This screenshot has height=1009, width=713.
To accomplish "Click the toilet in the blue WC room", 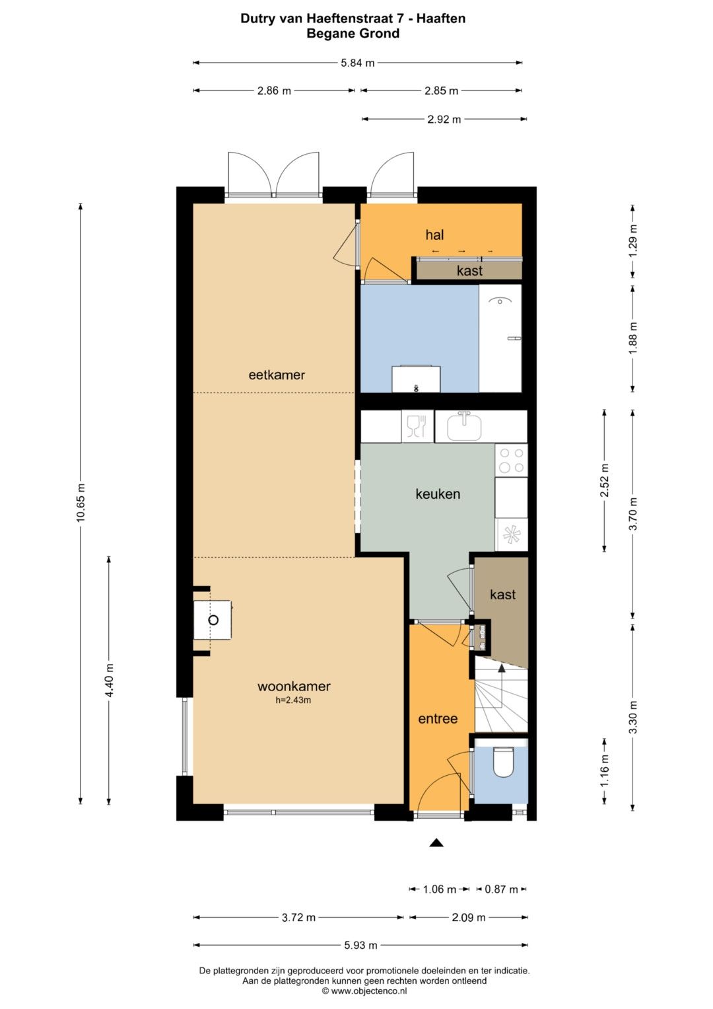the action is click(503, 762).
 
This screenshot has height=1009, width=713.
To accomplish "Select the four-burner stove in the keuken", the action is click(512, 461).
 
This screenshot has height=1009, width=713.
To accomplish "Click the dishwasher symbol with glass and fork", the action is click(417, 426).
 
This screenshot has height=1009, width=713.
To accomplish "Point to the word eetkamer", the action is click(277, 375).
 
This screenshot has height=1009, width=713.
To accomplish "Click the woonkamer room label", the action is click(294, 687).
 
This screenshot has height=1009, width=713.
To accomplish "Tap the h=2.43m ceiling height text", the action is click(294, 700).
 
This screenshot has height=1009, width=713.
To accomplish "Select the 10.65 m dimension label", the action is click(81, 503).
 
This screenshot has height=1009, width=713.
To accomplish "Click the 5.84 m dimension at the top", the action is click(357, 63).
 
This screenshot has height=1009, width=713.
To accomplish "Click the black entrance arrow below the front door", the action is click(436, 842).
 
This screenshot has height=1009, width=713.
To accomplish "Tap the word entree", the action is click(438, 719).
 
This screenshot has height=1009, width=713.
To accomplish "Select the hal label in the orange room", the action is click(434, 235).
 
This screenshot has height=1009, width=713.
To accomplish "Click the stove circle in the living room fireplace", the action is click(213, 620).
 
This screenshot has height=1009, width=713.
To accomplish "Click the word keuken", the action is click(438, 494).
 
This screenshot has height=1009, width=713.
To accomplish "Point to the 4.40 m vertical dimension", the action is click(109, 680).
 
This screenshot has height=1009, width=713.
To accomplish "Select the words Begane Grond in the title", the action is click(353, 33).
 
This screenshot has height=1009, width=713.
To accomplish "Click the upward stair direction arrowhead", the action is click(501, 667).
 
